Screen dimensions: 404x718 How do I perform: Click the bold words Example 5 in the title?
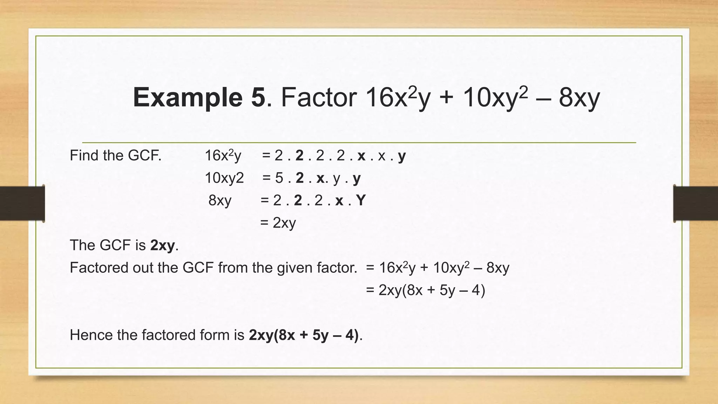point(199,97)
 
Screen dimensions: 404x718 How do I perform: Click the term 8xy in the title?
point(579,98)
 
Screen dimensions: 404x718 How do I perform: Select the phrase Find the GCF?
point(115,155)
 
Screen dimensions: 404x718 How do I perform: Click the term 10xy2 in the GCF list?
point(224,178)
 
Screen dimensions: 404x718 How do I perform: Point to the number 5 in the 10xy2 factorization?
point(279,178)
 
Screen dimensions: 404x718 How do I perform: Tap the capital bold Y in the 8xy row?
point(361,200)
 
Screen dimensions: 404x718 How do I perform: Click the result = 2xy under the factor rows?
point(278,223)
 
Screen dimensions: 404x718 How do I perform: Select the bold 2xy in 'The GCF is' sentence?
point(162,245)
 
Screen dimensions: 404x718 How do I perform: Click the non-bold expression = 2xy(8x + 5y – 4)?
point(425,290)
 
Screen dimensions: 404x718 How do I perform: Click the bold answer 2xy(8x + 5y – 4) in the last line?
point(304,335)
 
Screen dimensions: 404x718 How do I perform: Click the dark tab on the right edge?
point(696,203)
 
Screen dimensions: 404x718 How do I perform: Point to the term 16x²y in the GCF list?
point(223,155)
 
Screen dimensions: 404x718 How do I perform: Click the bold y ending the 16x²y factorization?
point(402,156)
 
